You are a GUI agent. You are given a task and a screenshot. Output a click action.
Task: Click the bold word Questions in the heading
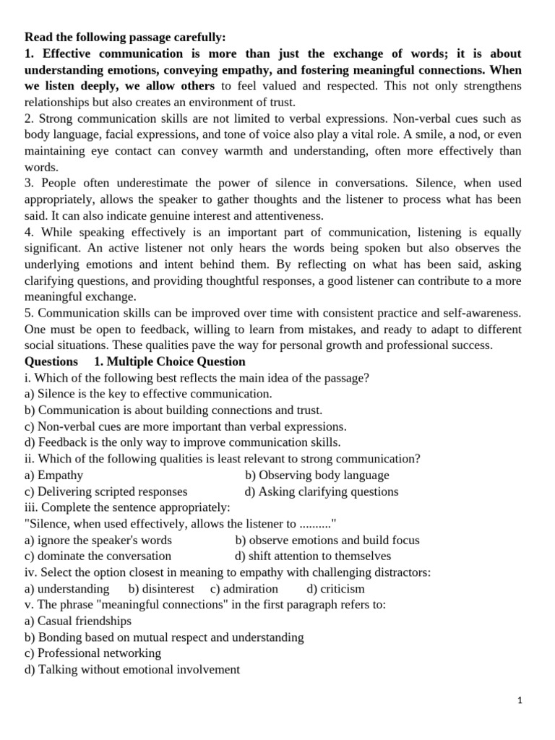pyautogui.click(x=51, y=361)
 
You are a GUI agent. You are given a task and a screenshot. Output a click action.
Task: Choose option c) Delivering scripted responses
pyautogui.click(x=106, y=491)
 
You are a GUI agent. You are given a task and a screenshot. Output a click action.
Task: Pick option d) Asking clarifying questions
pyautogui.click(x=322, y=491)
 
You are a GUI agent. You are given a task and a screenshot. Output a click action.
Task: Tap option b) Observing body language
pyautogui.click(x=317, y=476)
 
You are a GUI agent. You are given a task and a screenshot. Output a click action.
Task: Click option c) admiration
pyautogui.click(x=244, y=589)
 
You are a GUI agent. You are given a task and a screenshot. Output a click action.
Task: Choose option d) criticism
pyautogui.click(x=336, y=589)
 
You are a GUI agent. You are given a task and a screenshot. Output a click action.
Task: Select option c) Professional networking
pyautogui.click(x=92, y=653)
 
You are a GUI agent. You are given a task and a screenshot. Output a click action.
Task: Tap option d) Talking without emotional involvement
pyautogui.click(x=132, y=669)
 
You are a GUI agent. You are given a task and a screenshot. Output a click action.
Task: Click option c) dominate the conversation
pyautogui.click(x=98, y=556)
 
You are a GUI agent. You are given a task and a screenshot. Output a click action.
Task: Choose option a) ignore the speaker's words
pyautogui.click(x=98, y=540)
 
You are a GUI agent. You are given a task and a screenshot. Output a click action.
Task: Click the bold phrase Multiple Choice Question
pyautogui.click(x=170, y=361)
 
